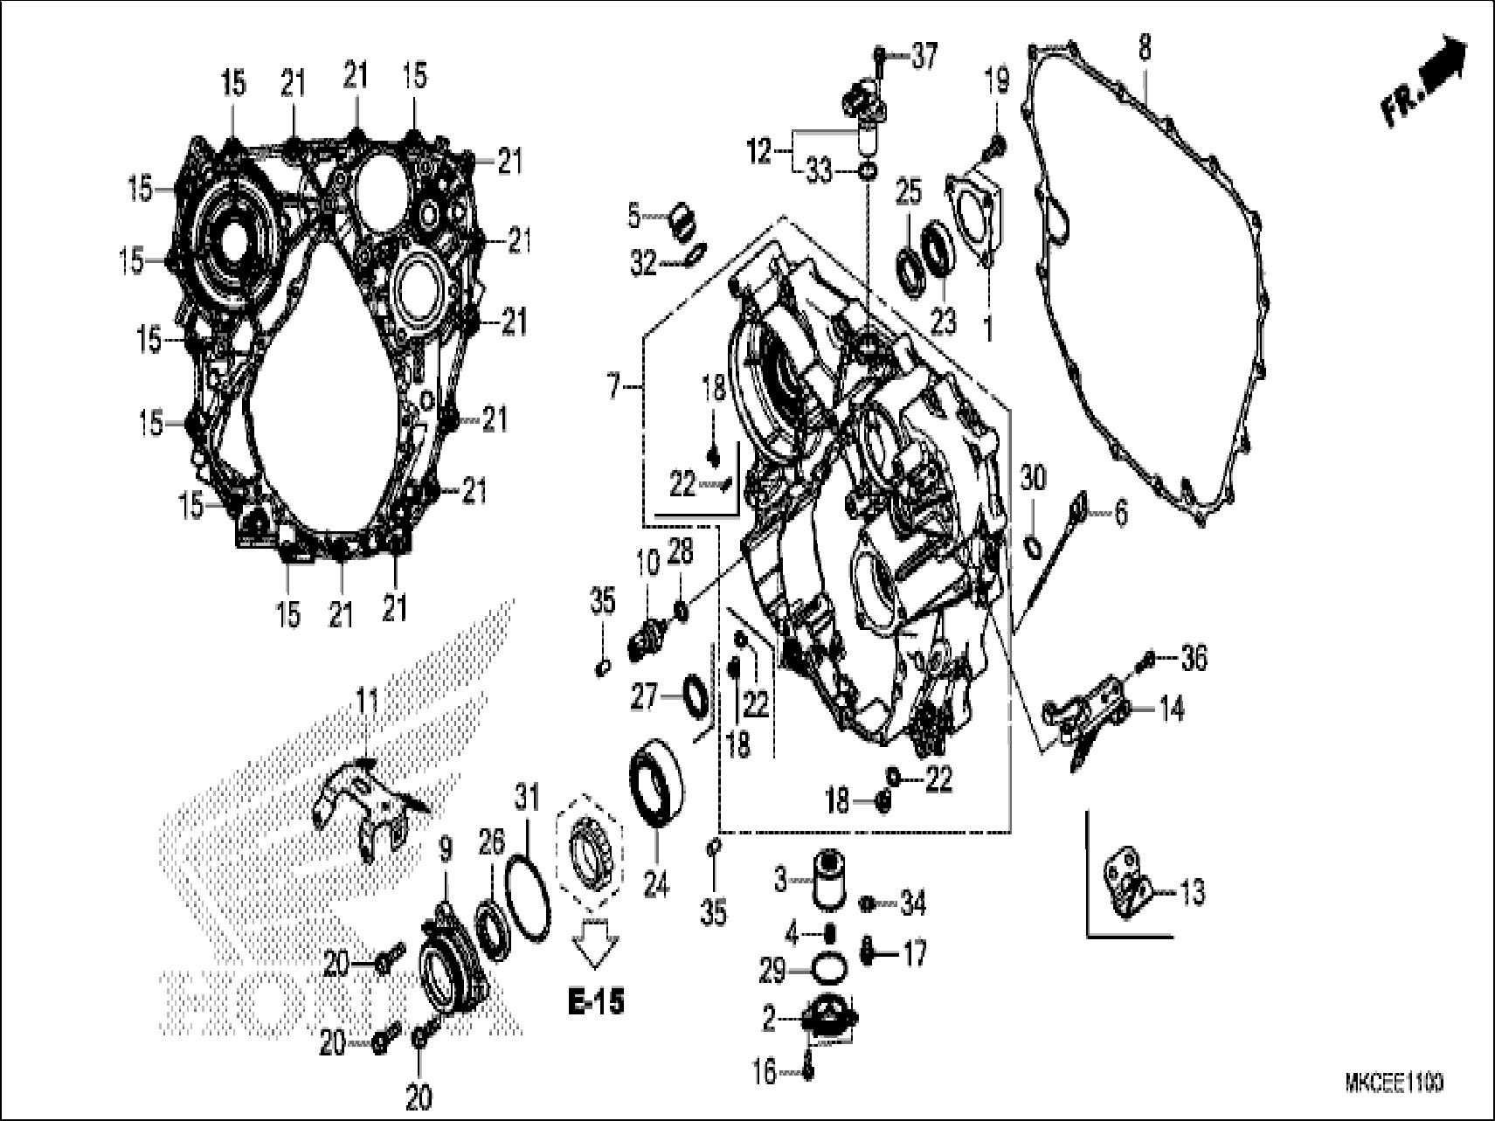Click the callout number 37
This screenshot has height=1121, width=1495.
click(x=924, y=57)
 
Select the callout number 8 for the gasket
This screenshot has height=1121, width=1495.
click(x=1145, y=48)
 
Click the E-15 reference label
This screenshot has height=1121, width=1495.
click(x=596, y=1003)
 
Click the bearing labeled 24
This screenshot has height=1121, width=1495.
click(x=659, y=781)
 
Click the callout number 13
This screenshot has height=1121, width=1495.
click(x=1192, y=892)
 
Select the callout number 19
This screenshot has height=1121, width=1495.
click(x=996, y=82)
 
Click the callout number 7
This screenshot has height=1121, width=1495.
click(x=613, y=385)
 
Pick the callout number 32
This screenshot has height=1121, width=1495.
click(x=643, y=263)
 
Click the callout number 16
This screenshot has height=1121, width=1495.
click(x=765, y=1071)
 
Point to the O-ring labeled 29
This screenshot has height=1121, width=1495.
click(x=829, y=970)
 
